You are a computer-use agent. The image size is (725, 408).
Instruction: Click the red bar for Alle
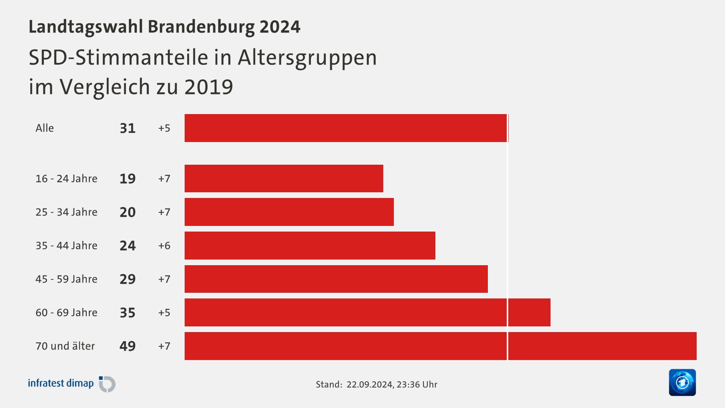click(x=346, y=128)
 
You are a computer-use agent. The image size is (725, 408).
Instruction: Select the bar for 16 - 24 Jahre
click(x=284, y=178)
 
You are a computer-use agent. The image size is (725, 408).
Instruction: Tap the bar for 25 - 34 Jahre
click(x=289, y=212)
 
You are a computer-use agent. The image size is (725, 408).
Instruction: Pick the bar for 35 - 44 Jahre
click(x=310, y=246)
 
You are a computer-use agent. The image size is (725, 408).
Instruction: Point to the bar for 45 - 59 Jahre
click(x=336, y=279)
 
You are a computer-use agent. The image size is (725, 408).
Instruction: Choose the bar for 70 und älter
click(x=440, y=346)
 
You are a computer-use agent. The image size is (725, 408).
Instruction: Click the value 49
click(x=128, y=346)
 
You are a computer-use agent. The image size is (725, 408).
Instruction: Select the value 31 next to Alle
click(x=128, y=128)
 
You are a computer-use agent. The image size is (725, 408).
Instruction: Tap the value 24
click(x=128, y=246)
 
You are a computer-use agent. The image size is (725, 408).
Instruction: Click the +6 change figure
click(x=164, y=246)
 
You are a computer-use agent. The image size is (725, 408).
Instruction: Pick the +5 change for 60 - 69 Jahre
click(x=164, y=313)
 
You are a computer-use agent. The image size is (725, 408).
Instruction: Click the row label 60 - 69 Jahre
click(x=66, y=313)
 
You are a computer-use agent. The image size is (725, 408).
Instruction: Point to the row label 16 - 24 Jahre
click(x=66, y=179)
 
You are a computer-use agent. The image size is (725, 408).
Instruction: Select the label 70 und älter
click(x=65, y=346)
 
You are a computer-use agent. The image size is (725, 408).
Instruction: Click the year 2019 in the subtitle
click(x=208, y=87)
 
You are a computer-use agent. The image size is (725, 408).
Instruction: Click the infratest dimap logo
click(x=72, y=384)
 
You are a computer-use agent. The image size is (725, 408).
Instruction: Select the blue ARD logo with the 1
click(x=682, y=382)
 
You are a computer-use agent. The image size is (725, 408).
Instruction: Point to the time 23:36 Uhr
click(x=416, y=385)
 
